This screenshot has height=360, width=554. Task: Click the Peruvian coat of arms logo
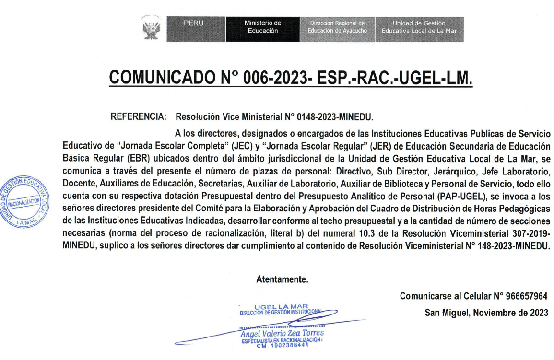tap(151, 29)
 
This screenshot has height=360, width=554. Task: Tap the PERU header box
tap(196, 29)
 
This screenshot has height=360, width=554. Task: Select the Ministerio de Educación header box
tap(262, 29)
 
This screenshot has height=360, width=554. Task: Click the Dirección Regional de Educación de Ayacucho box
tap(337, 29)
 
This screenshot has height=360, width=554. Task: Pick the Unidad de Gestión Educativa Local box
tap(419, 29)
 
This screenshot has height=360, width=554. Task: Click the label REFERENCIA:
tap(139, 116)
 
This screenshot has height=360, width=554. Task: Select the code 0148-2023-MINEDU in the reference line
tap(335, 116)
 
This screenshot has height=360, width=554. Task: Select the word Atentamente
tap(282, 279)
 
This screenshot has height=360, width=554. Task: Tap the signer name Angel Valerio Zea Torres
tap(283, 333)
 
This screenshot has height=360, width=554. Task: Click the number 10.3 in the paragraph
tap(348, 233)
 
